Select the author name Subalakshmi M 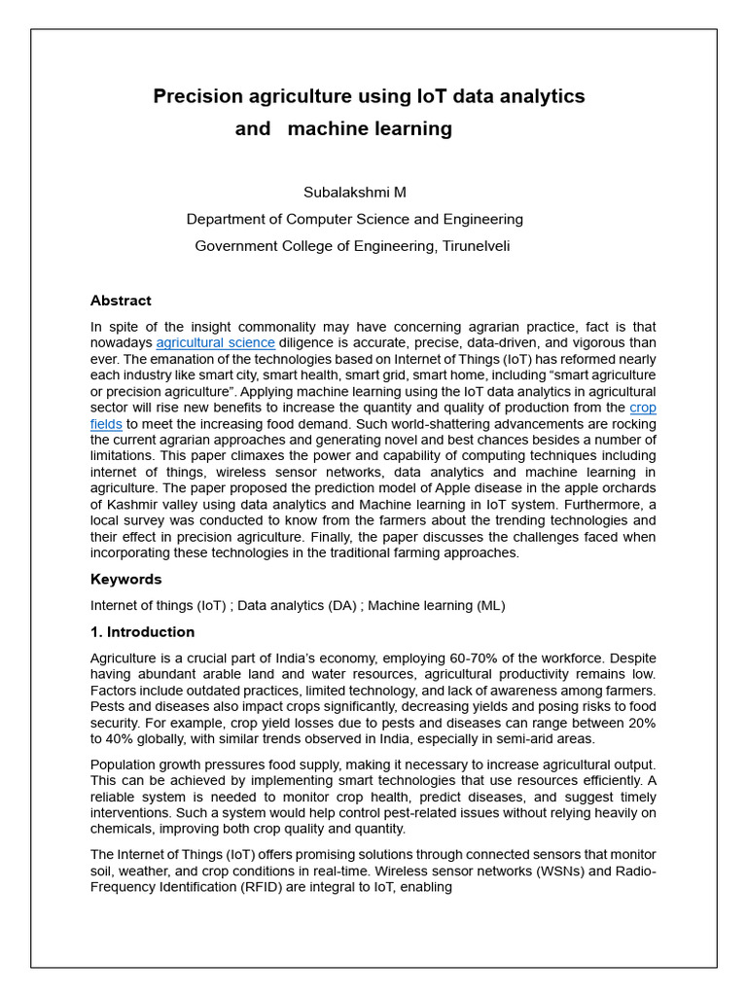point(354,192)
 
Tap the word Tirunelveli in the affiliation point(477,246)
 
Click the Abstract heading point(121,301)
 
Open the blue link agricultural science point(215,343)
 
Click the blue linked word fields point(106,424)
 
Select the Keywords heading point(125,579)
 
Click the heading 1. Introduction point(142,632)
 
